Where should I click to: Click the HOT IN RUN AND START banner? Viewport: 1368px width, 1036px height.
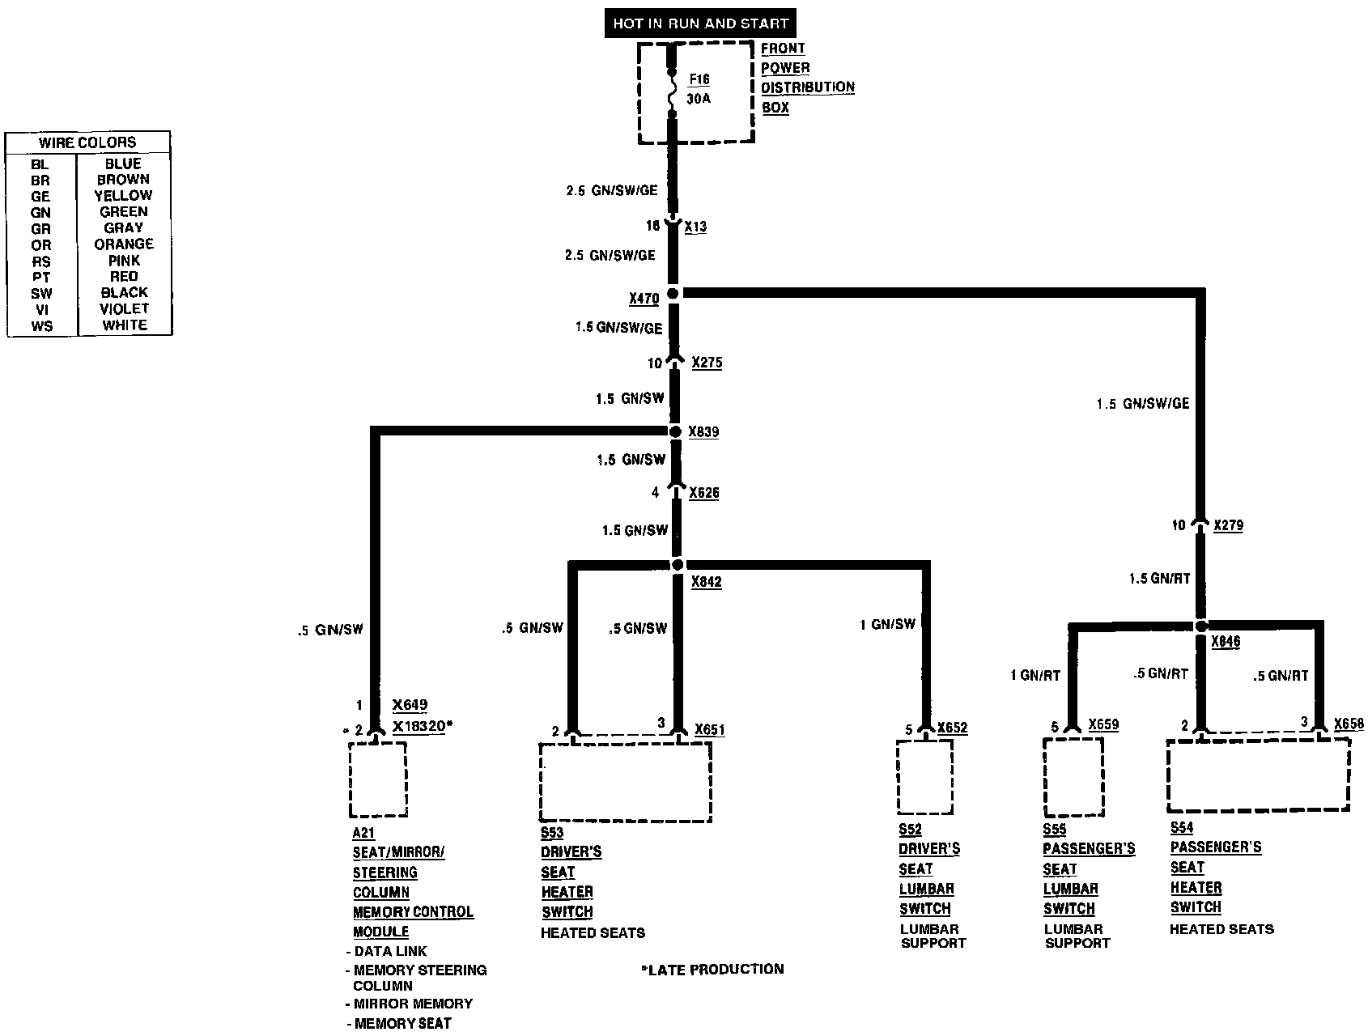[x=700, y=23]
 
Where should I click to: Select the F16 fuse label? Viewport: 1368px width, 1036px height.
[x=699, y=79]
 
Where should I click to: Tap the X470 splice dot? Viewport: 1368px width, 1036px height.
[x=673, y=293]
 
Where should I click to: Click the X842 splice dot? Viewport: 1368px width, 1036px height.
[x=678, y=564]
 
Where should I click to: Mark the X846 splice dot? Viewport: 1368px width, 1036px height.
[x=1201, y=626]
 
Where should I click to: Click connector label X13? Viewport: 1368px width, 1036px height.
[x=695, y=227]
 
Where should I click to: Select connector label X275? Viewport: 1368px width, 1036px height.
[x=707, y=363]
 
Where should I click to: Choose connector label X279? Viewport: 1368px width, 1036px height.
[x=1228, y=525]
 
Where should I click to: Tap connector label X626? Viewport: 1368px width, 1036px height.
[x=704, y=492]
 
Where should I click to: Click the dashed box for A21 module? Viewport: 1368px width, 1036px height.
[x=377, y=779]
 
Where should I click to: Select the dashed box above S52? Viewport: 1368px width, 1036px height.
[x=925, y=776]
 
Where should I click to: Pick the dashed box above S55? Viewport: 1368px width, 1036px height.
[x=1073, y=777]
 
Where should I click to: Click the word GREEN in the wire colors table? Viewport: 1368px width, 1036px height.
[x=123, y=212]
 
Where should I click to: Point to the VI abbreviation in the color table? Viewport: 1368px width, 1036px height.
[x=41, y=309]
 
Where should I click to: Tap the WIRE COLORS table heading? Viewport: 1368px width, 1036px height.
[x=87, y=142]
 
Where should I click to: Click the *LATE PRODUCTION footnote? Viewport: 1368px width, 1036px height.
[x=712, y=969]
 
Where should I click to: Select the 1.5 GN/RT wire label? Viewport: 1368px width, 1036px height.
[x=1159, y=579]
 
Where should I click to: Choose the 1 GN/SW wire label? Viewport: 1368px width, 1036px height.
[x=887, y=624]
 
